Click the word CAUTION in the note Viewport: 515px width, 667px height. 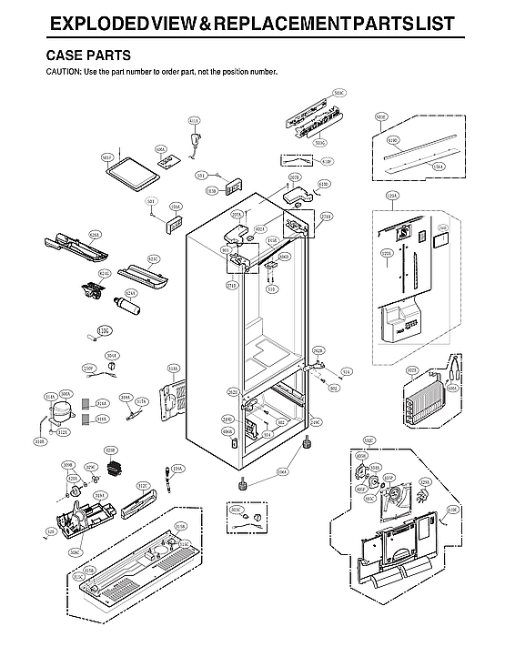point(62,71)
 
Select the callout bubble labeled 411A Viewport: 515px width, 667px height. point(194,120)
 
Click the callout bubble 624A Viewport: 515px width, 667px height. point(44,233)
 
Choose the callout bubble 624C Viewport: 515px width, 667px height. point(153,258)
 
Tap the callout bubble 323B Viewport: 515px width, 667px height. point(110,450)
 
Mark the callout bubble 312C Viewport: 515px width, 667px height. point(143,486)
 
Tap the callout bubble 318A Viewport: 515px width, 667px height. point(172,369)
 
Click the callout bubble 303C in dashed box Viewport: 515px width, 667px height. point(237,510)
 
